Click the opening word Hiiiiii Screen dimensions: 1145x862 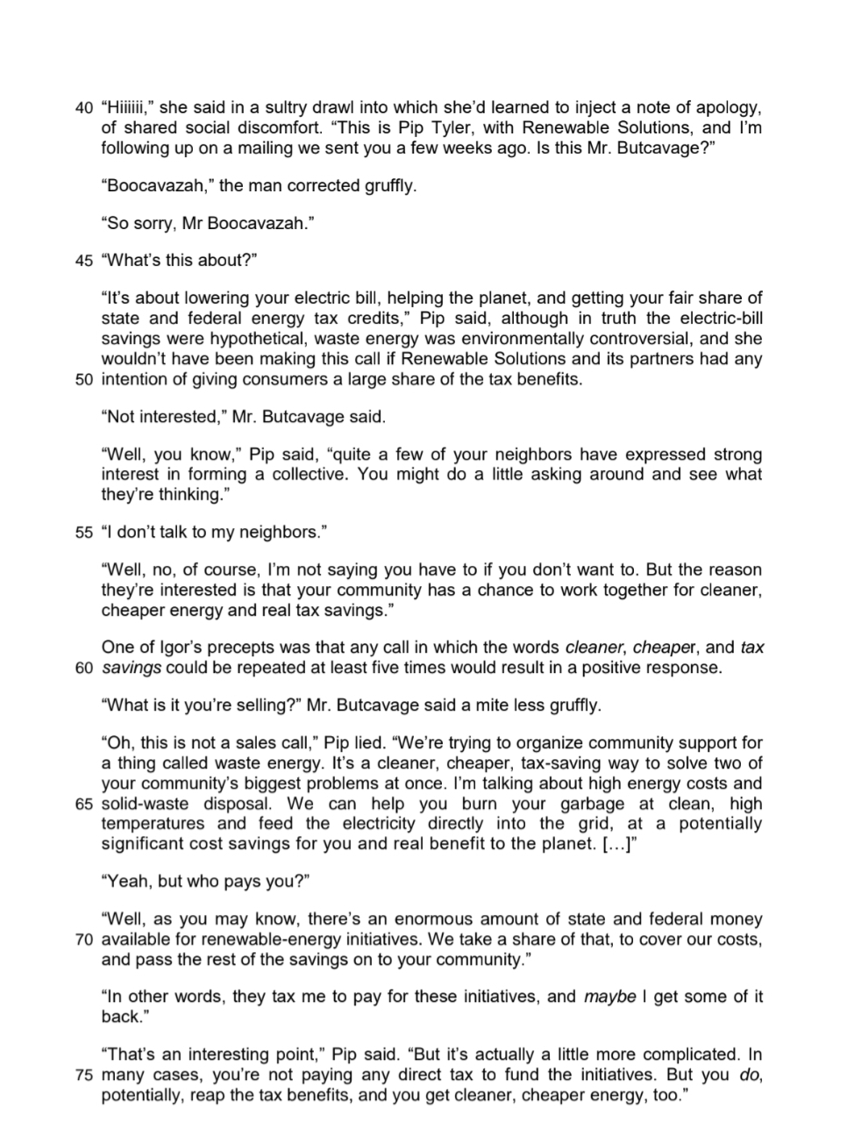pyautogui.click(x=129, y=108)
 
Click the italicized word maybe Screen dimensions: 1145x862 pyautogui.click(x=609, y=997)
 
